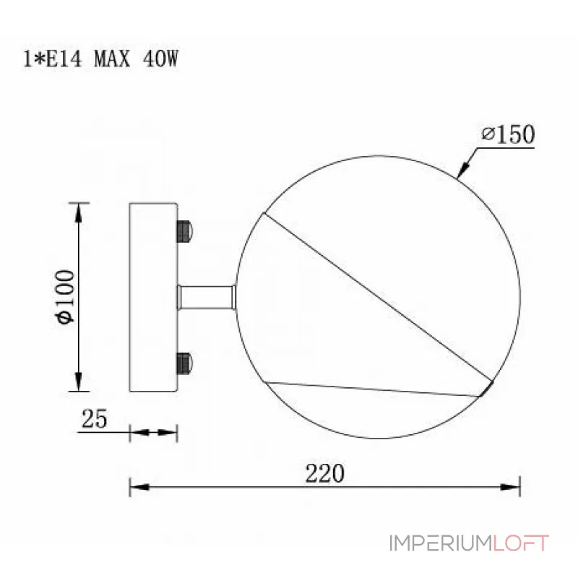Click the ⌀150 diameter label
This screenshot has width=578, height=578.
click(508, 134)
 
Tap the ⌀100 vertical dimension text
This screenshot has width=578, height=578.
click(65, 297)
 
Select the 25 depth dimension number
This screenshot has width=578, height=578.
click(95, 419)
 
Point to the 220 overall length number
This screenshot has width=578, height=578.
click(324, 473)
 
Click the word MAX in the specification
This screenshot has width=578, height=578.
click(112, 59)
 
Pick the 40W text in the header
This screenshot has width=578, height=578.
click(160, 59)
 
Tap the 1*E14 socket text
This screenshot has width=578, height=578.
click(52, 59)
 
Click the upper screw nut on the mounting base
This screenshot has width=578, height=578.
click(184, 231)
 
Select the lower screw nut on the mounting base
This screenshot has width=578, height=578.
click(184, 363)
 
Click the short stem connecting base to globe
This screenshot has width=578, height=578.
click(207, 297)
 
